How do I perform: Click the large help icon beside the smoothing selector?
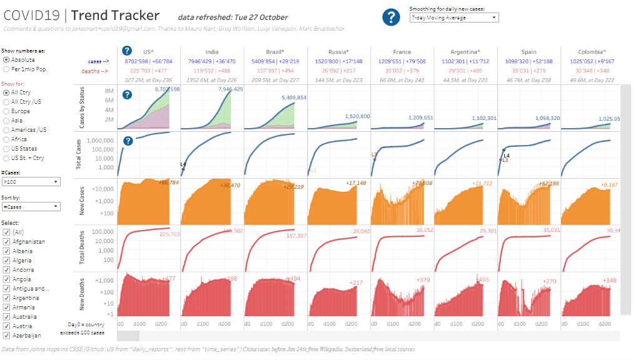[391, 17]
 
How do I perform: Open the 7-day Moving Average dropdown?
[453, 18]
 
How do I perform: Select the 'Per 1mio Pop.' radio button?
[6, 69]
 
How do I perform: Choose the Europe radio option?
[6, 111]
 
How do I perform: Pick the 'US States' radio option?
[6, 149]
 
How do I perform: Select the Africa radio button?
[6, 139]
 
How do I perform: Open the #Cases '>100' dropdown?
[31, 182]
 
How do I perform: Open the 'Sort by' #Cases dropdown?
[31, 207]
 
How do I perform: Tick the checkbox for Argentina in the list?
[6, 298]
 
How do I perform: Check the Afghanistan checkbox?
[6, 242]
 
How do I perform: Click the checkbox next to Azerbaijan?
[6, 336]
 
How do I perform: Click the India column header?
[211, 52]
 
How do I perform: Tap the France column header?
[402, 52]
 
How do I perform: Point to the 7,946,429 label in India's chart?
[230, 90]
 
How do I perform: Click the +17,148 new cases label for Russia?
[357, 183]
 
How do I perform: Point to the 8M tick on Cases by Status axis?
[108, 91]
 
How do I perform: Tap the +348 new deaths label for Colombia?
[609, 280]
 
